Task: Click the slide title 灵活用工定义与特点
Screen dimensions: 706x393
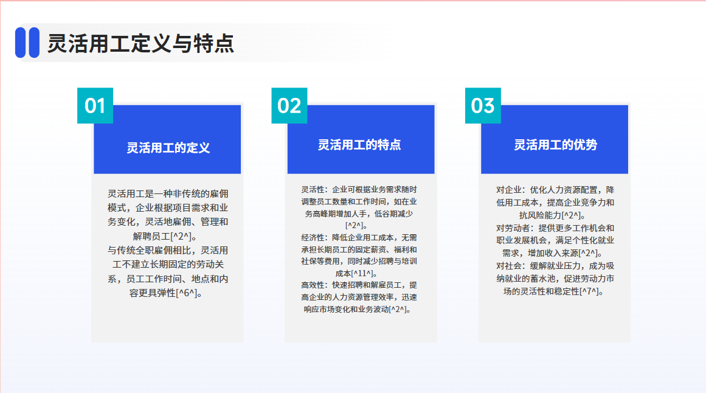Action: pyautogui.click(x=140, y=44)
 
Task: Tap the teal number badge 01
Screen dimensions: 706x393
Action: pyautogui.click(x=95, y=105)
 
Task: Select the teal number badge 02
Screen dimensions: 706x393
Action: pyautogui.click(x=289, y=105)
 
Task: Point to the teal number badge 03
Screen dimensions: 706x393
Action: pyautogui.click(x=483, y=105)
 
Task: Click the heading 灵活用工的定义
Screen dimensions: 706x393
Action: pyautogui.click(x=168, y=148)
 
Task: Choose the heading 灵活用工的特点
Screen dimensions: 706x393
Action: pyautogui.click(x=359, y=145)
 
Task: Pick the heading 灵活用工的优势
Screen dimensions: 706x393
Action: pyautogui.click(x=556, y=145)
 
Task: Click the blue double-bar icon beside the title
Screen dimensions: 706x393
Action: pyautogui.click(x=27, y=43)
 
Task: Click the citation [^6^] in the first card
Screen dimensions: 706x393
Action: pyautogui.click(x=186, y=293)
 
